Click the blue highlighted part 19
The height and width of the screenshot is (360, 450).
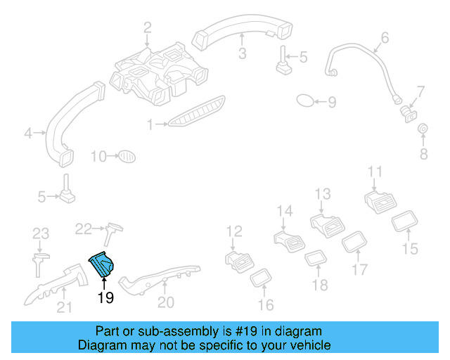tap(103, 264)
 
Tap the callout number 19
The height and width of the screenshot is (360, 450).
tap(105, 297)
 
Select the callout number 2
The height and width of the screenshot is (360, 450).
tap(148, 28)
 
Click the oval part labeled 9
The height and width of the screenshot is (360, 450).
tap(306, 101)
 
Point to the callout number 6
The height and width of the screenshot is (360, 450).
tap(385, 37)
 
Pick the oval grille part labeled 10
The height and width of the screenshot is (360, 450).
tap(125, 155)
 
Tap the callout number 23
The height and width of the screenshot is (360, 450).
tap(41, 233)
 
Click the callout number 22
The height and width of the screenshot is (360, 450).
tap(84, 229)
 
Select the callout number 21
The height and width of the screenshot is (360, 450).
tap(65, 306)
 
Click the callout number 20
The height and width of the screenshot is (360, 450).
tap(165, 302)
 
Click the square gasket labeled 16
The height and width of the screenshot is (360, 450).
tap(262, 278)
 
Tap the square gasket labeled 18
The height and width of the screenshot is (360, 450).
tap(315, 259)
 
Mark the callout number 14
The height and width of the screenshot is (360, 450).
tap(284, 210)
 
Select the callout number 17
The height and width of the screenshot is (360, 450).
tap(359, 270)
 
